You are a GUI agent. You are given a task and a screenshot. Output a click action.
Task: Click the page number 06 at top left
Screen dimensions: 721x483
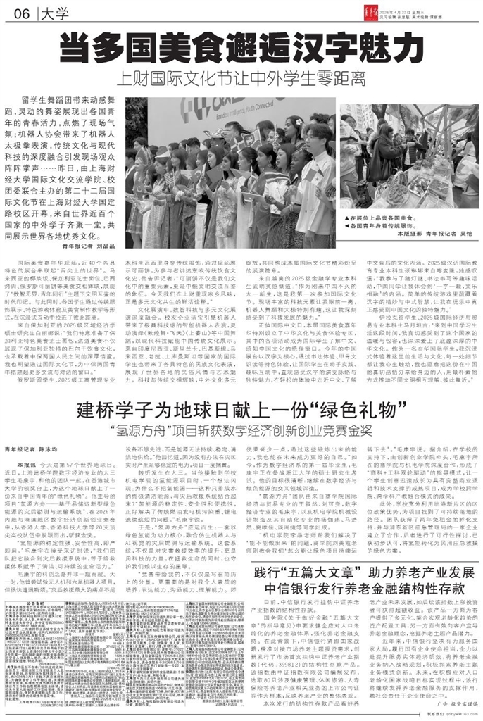coord(18,13)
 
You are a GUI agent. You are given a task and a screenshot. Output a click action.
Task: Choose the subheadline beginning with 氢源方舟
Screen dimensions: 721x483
coord(241,409)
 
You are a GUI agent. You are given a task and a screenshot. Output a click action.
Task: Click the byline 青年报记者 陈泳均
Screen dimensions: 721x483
coord(40,428)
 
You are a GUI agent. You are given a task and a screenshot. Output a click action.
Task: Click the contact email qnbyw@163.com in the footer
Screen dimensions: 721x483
coord(455,715)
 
